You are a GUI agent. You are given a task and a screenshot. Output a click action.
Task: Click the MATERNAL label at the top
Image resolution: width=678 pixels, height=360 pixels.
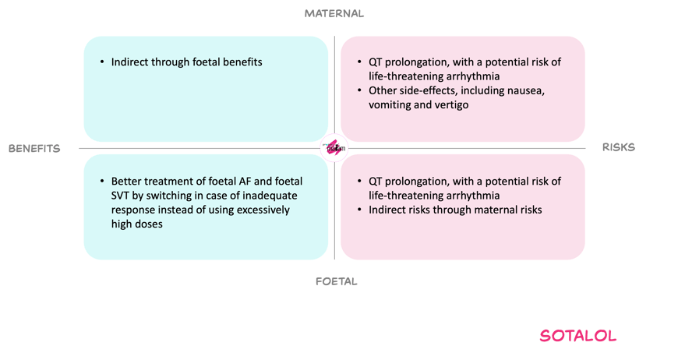pyautogui.click(x=334, y=14)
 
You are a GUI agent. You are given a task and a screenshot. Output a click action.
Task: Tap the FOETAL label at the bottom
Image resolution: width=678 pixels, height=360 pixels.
pyautogui.click(x=337, y=282)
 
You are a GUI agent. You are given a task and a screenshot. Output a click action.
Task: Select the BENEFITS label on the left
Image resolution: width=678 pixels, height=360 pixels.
pyautogui.click(x=34, y=149)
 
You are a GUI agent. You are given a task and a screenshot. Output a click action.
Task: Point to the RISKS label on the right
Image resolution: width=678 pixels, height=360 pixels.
pyautogui.click(x=619, y=147)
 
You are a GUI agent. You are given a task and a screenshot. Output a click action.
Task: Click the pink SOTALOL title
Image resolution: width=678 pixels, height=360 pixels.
pyautogui.click(x=578, y=336)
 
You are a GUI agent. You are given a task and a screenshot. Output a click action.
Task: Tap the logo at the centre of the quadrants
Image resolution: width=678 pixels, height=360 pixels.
pyautogui.click(x=334, y=148)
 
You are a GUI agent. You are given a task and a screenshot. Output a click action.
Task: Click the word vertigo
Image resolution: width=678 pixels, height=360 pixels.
pyautogui.click(x=453, y=105)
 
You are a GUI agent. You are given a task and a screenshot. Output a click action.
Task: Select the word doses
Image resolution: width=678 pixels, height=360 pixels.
pyautogui.click(x=149, y=224)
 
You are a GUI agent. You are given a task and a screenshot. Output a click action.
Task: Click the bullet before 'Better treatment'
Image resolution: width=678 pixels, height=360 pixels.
pyautogui.click(x=102, y=182)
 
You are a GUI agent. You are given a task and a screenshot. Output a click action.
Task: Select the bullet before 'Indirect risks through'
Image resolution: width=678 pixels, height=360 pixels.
pyautogui.click(x=360, y=210)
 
